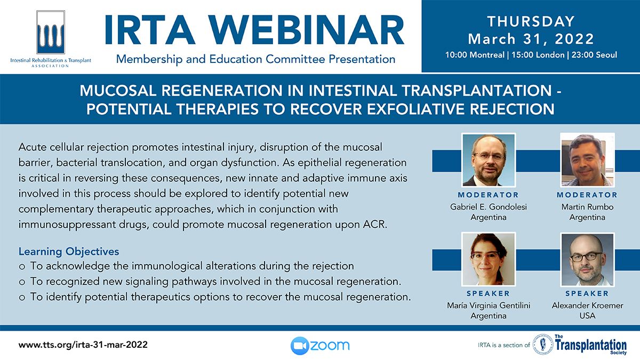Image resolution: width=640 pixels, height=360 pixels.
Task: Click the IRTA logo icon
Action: pyautogui.click(x=51, y=32)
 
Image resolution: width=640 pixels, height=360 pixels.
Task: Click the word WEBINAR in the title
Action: pyautogui.click(x=307, y=30)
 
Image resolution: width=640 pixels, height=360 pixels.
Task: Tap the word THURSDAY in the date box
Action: pyautogui.click(x=531, y=21)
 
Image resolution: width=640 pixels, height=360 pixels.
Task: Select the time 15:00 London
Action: pyautogui.click(x=538, y=54)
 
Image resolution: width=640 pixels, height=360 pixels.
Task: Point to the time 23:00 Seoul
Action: pyautogui.click(x=594, y=54)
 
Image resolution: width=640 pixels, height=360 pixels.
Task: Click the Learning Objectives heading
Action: pyautogui.click(x=69, y=252)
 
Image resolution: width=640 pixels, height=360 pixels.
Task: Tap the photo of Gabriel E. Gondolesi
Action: pyautogui.click(x=489, y=160)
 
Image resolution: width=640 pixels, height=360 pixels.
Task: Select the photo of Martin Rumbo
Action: pyautogui.click(x=587, y=160)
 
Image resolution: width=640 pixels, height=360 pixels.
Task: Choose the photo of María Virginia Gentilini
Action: pyautogui.click(x=489, y=259)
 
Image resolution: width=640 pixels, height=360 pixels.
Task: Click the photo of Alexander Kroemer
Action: pyautogui.click(x=587, y=259)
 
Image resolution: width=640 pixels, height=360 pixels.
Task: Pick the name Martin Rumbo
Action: pyautogui.click(x=587, y=206)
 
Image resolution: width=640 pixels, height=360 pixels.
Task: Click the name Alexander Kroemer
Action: pyautogui.click(x=587, y=306)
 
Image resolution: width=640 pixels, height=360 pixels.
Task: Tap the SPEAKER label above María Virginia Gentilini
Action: pyautogui.click(x=489, y=293)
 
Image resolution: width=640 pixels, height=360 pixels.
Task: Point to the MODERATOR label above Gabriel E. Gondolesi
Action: pyautogui.click(x=489, y=195)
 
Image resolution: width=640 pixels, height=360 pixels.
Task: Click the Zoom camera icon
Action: pyautogui.click(x=300, y=346)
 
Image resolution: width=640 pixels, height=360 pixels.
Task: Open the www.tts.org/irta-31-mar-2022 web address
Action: pyautogui.click(x=83, y=345)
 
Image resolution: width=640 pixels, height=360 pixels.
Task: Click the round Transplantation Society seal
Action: pyautogui.click(x=543, y=345)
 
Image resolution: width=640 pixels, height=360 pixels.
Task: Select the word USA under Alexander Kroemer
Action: pyautogui.click(x=587, y=316)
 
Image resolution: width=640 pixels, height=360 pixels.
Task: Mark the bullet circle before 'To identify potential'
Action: pyautogui.click(x=22, y=298)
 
